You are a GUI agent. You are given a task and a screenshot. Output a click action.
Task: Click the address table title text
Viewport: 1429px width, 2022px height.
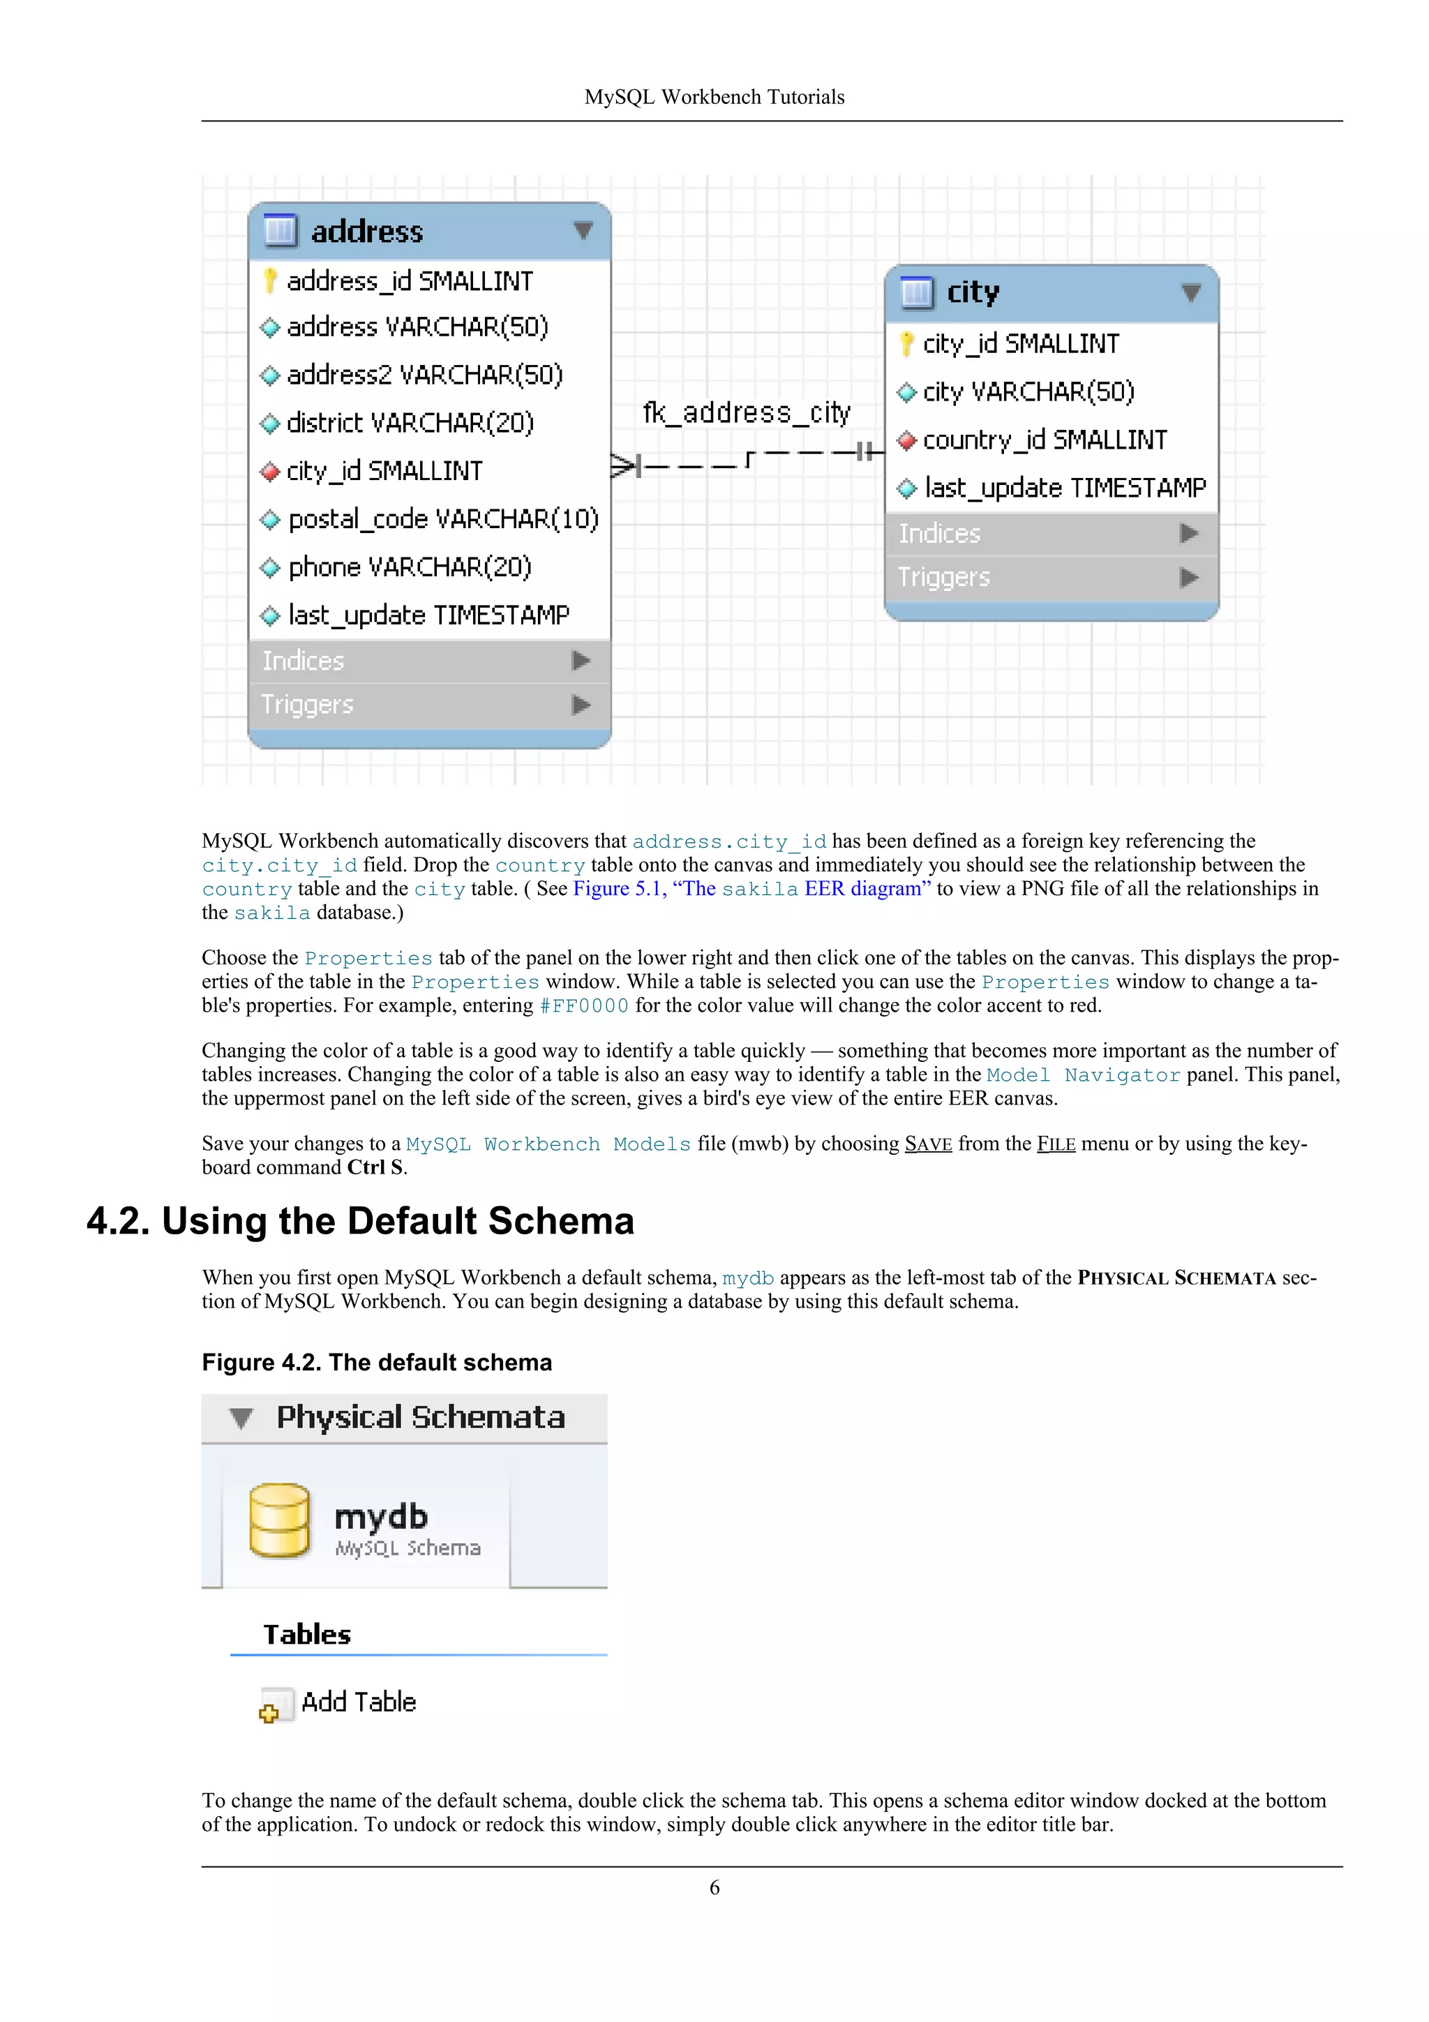point(366,232)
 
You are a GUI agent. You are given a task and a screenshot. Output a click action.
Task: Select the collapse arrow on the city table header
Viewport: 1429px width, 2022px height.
point(1190,292)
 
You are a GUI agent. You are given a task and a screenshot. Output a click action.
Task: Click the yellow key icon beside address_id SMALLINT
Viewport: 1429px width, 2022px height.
point(270,281)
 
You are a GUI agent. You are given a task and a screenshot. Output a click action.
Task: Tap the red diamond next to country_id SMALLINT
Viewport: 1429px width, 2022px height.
point(906,440)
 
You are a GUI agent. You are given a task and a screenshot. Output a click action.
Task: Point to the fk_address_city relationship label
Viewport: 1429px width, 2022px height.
point(746,412)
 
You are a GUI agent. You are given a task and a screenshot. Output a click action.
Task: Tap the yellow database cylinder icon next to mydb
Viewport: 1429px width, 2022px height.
point(279,1520)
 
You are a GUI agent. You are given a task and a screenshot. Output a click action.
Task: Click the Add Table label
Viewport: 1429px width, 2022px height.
point(359,1702)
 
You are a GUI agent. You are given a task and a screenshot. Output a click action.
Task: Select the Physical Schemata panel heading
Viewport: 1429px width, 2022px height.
point(420,1417)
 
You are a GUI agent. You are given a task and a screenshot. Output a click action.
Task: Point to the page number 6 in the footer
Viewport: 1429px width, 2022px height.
point(714,1887)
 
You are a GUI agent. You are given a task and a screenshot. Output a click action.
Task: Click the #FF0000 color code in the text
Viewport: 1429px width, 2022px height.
point(584,1005)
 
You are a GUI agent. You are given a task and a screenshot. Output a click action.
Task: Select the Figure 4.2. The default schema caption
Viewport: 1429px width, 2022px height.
point(377,1363)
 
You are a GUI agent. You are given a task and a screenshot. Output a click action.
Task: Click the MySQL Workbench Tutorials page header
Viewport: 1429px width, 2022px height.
point(714,97)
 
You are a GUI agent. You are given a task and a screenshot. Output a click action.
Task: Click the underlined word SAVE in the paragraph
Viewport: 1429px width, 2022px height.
point(928,1144)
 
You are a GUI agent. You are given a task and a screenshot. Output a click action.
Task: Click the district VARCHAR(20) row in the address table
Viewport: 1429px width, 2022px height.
point(410,423)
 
